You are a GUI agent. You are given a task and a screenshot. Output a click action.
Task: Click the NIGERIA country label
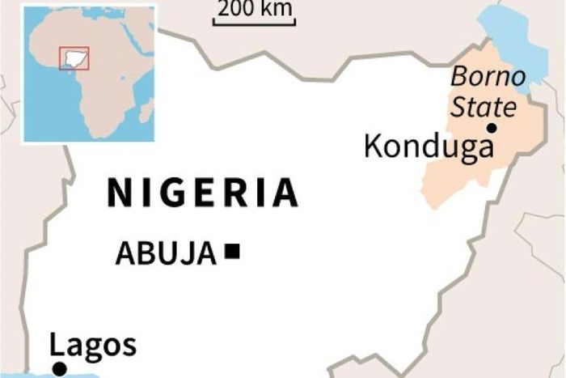point(202,193)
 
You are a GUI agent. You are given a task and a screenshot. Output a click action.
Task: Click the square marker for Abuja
point(233,252)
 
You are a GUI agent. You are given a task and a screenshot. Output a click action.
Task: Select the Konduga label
point(428,147)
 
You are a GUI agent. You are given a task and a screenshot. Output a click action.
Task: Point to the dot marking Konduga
point(491,128)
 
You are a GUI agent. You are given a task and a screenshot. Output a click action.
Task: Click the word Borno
point(488,78)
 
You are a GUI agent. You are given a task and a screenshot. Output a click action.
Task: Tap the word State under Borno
point(483,106)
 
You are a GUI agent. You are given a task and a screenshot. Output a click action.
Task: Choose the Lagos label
point(93,346)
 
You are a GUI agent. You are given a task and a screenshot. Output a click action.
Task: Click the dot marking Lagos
point(59,369)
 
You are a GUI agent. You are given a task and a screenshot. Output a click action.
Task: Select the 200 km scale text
point(255,11)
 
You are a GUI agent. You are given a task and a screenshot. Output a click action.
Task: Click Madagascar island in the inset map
point(146,110)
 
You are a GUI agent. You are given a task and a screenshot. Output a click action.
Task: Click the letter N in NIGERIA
point(118,193)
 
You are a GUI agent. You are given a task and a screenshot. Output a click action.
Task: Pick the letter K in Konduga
point(373,147)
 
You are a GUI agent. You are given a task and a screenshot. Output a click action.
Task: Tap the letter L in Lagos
point(57,346)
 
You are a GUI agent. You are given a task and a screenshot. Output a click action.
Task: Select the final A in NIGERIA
point(285,193)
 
